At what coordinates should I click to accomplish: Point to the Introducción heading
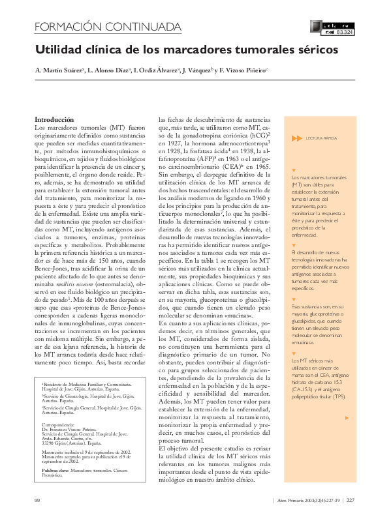click(54, 120)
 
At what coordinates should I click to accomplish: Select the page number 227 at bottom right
click(350, 500)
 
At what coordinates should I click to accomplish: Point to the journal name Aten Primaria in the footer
click(290, 500)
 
